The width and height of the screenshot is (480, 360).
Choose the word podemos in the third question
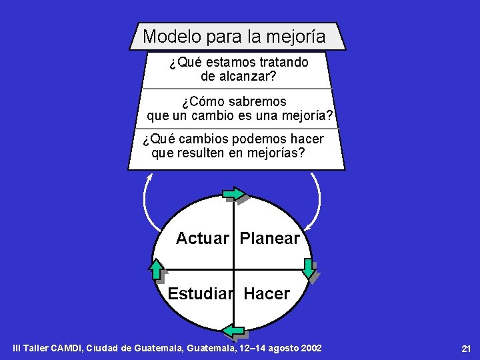pos(257,139)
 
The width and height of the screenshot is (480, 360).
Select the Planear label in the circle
pos(269,239)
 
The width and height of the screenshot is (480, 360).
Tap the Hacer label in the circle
pos(267,294)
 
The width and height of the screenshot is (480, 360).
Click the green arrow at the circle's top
pos(235,194)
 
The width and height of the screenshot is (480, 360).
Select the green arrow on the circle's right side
pos(309,268)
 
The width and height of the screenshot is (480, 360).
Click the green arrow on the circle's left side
pos(156,270)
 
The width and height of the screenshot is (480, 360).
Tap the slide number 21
pos(466,349)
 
